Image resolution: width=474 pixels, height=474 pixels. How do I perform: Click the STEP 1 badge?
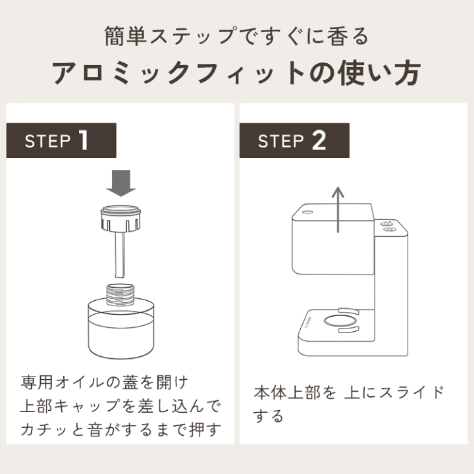61,140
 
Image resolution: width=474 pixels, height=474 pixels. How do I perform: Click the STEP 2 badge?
294,140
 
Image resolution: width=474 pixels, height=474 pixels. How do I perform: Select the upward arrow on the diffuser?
338,209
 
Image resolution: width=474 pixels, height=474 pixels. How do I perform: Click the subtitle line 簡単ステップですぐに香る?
236,36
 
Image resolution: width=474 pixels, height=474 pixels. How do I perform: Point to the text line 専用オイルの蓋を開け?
104,382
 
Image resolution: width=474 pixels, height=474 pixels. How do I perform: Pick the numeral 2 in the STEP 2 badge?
319,140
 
